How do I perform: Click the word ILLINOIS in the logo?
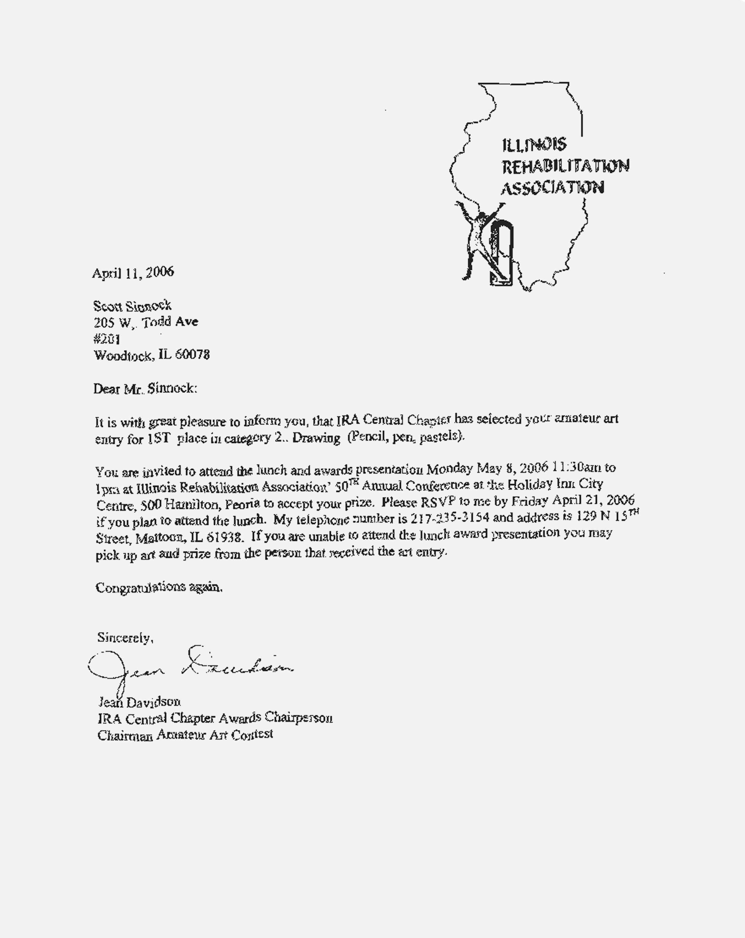tap(534, 145)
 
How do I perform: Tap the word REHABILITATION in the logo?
tap(565, 166)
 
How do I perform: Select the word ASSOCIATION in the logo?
tap(552, 188)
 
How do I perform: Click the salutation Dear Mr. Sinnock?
tap(145, 388)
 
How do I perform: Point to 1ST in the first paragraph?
tap(158, 439)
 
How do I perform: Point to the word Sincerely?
tap(125, 638)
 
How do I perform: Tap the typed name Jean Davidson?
tap(139, 702)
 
